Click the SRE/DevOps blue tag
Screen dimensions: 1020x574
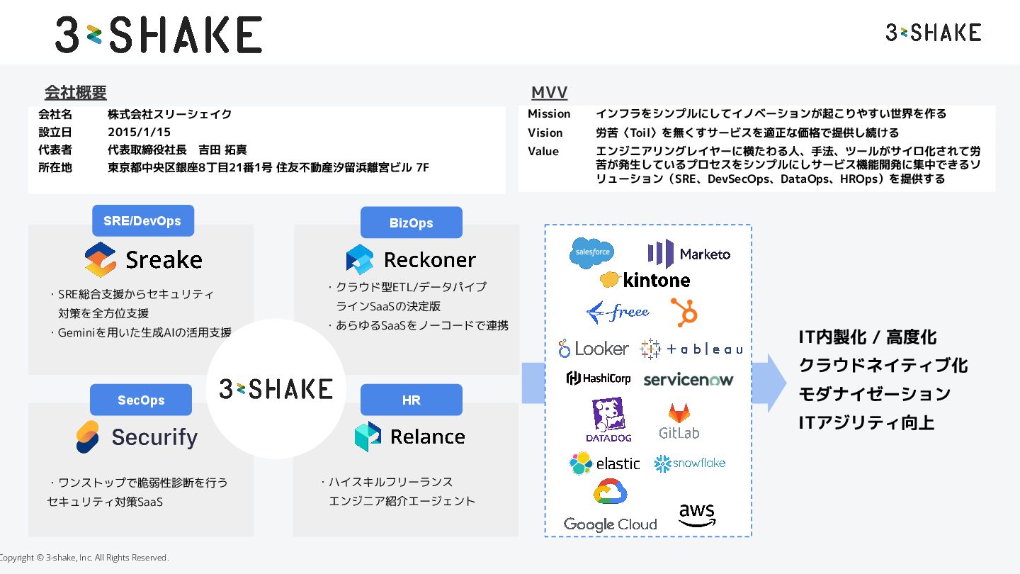(142, 221)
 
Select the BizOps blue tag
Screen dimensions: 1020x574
(411, 223)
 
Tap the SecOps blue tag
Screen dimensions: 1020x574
(140, 400)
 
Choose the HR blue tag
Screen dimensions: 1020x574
(411, 400)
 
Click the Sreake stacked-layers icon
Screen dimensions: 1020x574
(100, 259)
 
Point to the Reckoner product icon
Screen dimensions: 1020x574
(360, 259)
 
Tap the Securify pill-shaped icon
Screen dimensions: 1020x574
(88, 437)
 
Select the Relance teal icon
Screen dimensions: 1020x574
(368, 437)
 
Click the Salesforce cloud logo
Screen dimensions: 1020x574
(592, 253)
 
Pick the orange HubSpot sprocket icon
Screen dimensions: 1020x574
(684, 312)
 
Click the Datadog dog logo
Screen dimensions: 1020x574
(608, 418)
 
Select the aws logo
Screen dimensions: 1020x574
(697, 515)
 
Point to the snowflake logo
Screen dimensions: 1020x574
(690, 463)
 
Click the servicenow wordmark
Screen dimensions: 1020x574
(688, 380)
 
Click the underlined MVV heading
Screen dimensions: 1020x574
(549, 93)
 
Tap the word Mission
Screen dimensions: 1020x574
(549, 114)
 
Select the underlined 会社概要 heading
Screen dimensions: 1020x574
(75, 93)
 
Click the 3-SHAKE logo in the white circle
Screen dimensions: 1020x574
(276, 388)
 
